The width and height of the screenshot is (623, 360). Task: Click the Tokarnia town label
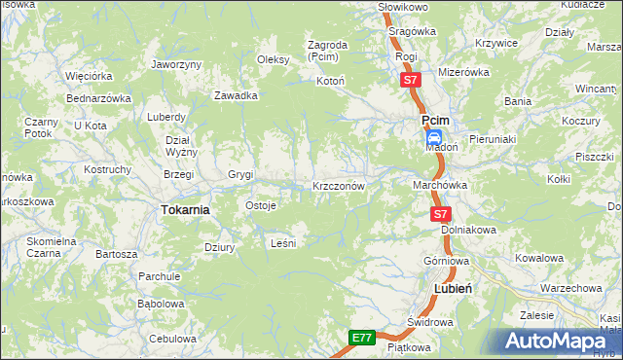pyautogui.click(x=185, y=209)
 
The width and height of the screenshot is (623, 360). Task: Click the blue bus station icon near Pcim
pyautogui.click(x=435, y=138)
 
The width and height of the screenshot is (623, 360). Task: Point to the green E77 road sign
pyautogui.click(x=362, y=338)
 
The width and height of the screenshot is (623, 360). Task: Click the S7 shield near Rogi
pyautogui.click(x=411, y=79)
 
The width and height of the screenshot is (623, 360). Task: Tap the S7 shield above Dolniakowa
pyautogui.click(x=440, y=213)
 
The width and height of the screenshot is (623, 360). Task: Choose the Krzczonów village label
pyautogui.click(x=339, y=185)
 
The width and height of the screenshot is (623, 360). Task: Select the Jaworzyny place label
pyautogui.click(x=176, y=64)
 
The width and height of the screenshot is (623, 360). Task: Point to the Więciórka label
pyautogui.click(x=89, y=75)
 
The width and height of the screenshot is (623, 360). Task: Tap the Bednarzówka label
pyautogui.click(x=98, y=98)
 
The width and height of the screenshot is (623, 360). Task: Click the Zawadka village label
pyautogui.click(x=236, y=95)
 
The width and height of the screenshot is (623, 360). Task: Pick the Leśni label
pyautogui.click(x=281, y=243)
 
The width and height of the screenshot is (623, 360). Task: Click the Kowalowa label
pyautogui.click(x=539, y=258)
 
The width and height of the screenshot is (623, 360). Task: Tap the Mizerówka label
pyautogui.click(x=462, y=72)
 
